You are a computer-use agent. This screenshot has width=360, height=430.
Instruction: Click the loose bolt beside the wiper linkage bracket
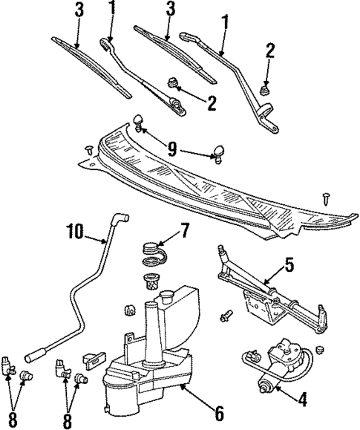click(x=225, y=317)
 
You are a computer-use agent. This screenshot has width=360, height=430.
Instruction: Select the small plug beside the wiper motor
click(x=321, y=348)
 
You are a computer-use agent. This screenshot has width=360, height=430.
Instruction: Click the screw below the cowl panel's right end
click(x=327, y=197)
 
